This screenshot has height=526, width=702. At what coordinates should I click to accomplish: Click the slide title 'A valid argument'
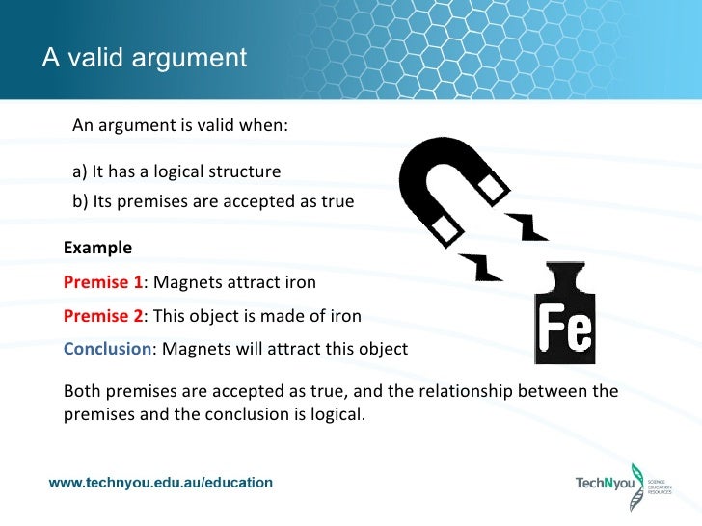tap(145, 58)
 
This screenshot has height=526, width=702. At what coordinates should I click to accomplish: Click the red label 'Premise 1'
tap(102, 283)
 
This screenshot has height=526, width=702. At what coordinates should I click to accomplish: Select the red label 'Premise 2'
tap(102, 316)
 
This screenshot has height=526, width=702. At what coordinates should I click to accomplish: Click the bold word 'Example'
tap(97, 248)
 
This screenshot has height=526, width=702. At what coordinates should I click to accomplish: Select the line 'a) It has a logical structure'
tap(176, 172)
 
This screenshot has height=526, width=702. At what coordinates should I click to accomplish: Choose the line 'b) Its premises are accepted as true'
tap(213, 202)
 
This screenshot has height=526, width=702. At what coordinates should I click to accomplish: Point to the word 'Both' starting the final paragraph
tap(81, 391)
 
